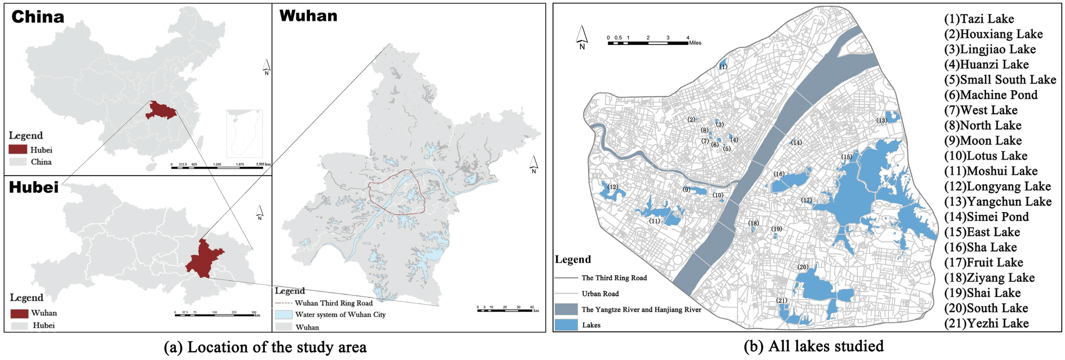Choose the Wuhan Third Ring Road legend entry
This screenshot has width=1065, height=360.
click(333, 303)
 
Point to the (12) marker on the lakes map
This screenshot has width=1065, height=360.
click(613, 187)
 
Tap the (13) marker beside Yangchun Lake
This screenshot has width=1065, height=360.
click(882, 120)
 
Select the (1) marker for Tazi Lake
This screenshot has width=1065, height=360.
click(723, 66)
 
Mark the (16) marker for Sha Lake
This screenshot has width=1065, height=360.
click(779, 174)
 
